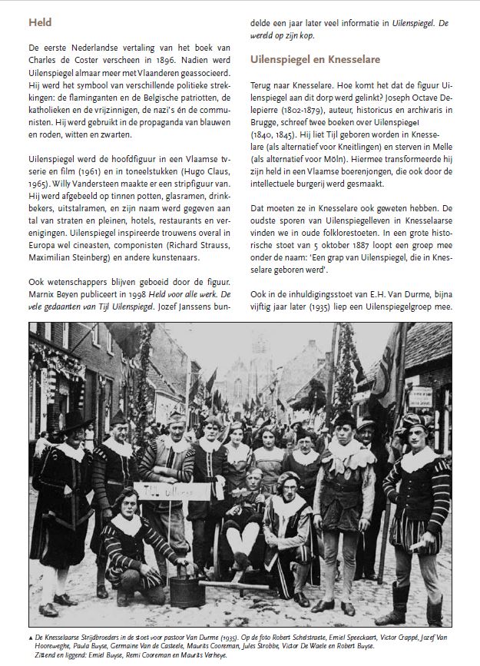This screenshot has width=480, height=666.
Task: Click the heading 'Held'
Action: pyautogui.click(x=40, y=23)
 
